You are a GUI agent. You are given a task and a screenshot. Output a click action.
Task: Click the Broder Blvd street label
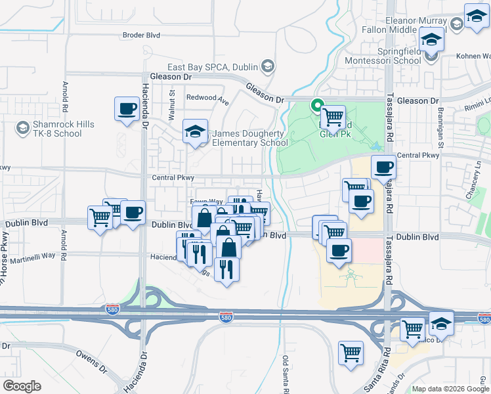142,35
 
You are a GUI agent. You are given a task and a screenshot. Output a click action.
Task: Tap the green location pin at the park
317,104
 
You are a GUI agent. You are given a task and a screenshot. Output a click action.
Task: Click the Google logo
23,385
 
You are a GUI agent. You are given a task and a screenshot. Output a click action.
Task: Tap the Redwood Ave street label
207,98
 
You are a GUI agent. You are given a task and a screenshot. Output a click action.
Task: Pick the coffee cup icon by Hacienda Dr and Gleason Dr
127,108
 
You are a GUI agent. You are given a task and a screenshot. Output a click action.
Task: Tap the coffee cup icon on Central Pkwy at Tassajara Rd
383,166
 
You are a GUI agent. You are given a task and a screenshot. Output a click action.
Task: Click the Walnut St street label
172,101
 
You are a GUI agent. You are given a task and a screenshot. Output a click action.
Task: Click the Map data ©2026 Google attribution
451,389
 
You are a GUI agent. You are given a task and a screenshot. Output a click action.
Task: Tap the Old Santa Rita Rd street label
286,374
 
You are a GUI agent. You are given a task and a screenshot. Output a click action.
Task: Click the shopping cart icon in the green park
333,117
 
